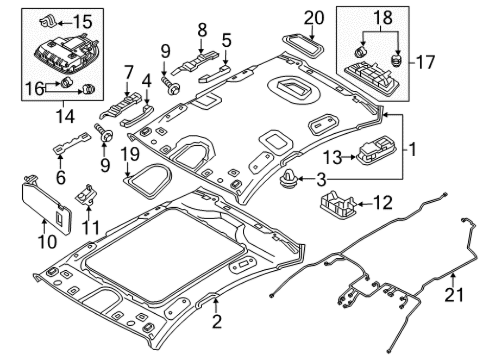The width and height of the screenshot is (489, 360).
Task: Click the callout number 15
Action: pos(83,22)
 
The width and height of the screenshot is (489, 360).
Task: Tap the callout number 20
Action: pos(314,18)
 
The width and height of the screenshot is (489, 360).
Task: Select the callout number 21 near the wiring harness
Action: pos(454,294)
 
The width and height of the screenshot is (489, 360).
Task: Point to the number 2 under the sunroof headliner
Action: pos(216,321)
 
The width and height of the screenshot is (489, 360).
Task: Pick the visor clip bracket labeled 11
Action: pos(86,195)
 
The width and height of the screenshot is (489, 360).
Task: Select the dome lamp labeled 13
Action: pos(377,150)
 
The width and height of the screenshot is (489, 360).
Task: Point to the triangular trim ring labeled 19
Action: pos(149,181)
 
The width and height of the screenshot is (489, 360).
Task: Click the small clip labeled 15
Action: pos(47,22)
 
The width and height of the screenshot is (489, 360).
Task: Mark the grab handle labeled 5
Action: pos(215,74)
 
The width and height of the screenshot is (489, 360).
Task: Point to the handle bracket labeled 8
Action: pos(195,62)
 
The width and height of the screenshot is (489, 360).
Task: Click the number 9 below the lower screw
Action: pos(105,165)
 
